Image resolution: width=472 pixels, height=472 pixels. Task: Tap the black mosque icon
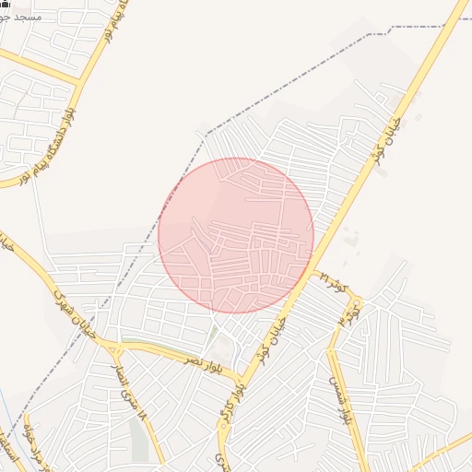5,5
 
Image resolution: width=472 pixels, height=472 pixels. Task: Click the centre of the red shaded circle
236,235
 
